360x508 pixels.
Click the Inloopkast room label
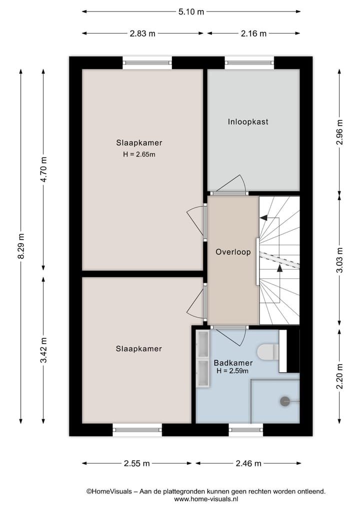[x=248, y=121]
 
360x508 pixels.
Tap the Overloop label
[x=232, y=252]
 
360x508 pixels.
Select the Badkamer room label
[x=233, y=363]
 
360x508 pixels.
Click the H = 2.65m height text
[x=139, y=154]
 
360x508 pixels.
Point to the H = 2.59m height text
[x=232, y=371]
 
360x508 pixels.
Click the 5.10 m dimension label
[x=191, y=12]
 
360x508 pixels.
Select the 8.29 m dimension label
[x=20, y=246]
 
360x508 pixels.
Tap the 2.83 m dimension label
[x=142, y=33]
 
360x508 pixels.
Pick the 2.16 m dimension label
[x=253, y=33]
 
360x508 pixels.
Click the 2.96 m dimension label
[x=340, y=132]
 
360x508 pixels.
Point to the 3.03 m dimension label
[x=340, y=260]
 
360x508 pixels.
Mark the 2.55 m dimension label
[x=137, y=464]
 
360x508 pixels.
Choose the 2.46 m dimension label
[x=248, y=464]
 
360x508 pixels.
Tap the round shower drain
[x=285, y=401]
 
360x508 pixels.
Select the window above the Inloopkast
[x=249, y=63]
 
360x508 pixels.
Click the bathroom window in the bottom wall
[x=245, y=430]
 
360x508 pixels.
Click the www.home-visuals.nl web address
[x=206, y=499]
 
